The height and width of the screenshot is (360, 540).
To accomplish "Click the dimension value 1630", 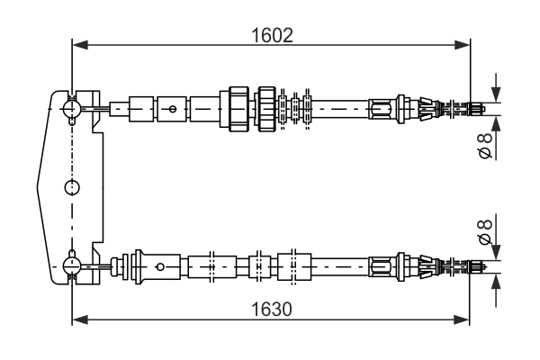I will (271, 309).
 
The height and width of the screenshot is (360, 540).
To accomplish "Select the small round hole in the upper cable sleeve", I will (172, 109).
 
